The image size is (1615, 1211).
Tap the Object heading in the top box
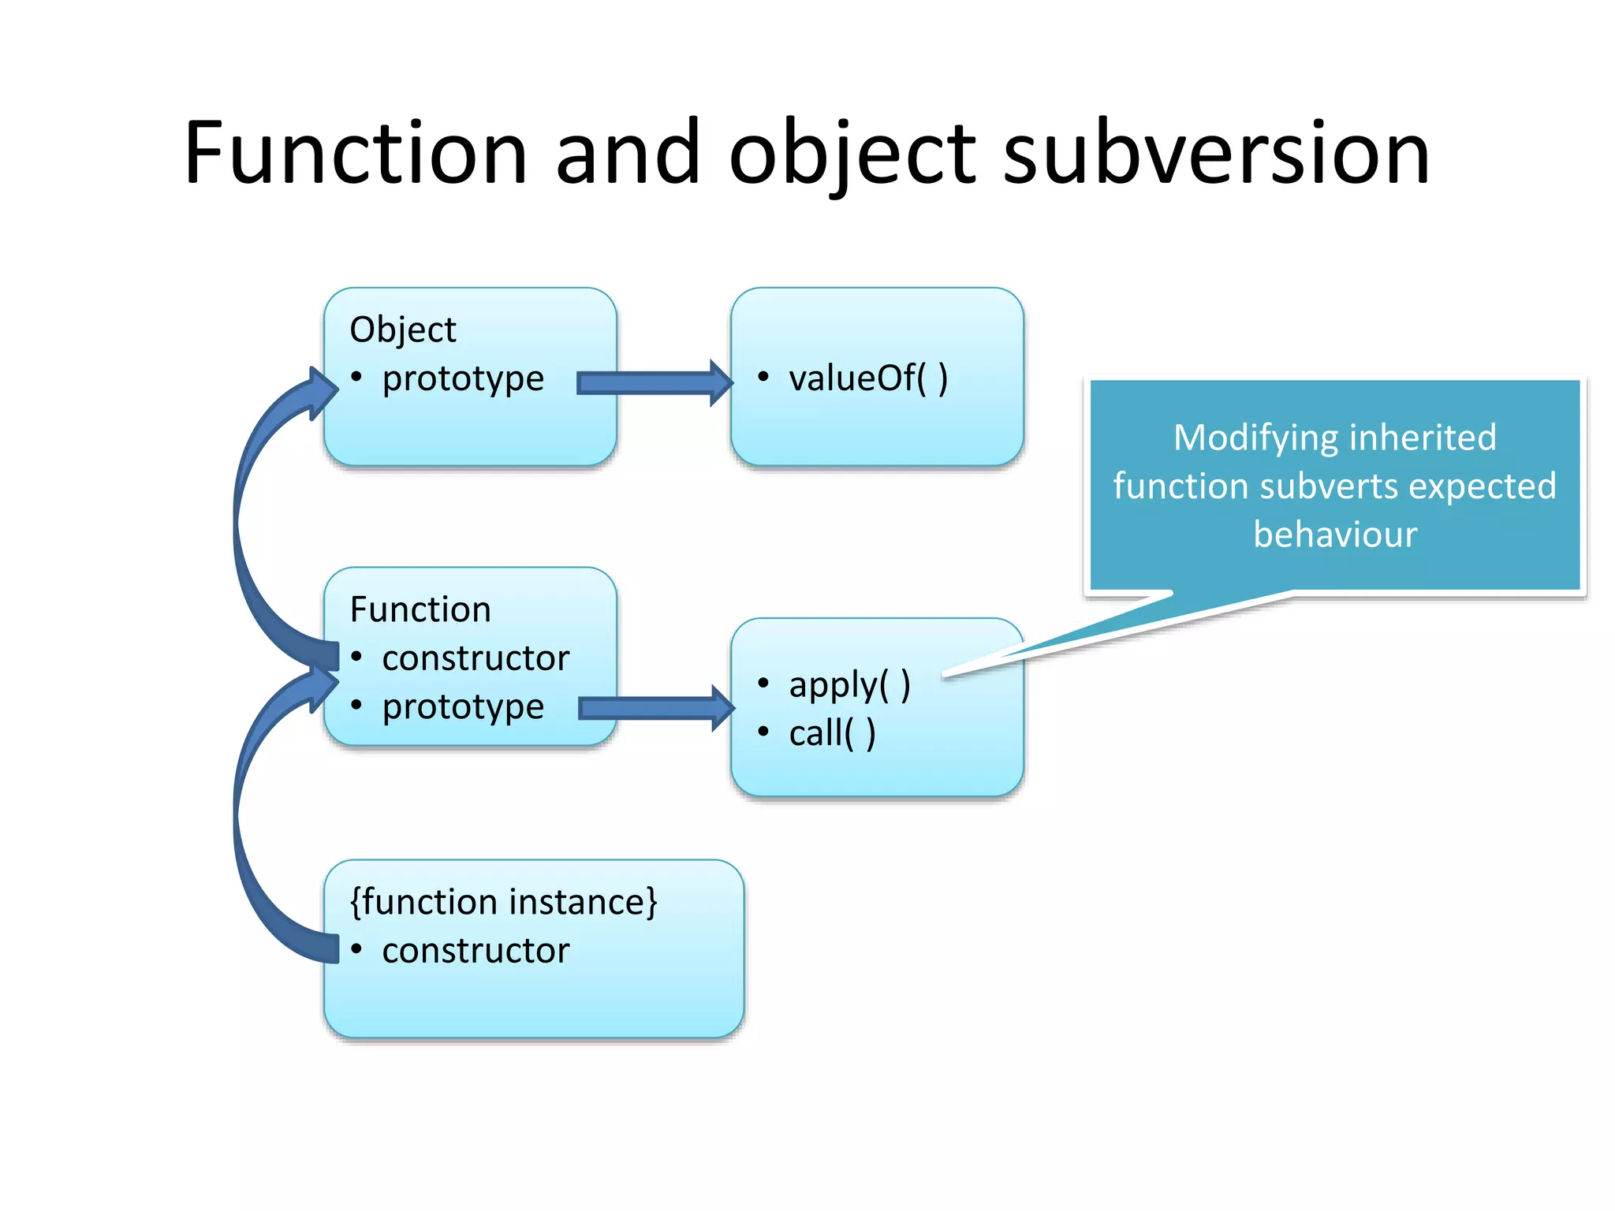point(402,330)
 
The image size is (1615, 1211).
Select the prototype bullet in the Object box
point(463,378)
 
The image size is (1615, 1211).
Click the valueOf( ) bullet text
point(867,378)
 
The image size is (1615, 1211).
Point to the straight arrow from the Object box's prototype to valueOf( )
point(655,383)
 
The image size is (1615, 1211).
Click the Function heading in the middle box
point(420,609)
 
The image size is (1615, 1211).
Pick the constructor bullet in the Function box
point(476,658)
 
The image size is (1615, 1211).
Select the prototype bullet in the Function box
point(463,707)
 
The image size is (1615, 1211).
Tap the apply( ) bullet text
point(849,684)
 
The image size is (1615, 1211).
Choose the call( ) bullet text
point(832,733)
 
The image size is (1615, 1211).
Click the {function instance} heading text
point(503,902)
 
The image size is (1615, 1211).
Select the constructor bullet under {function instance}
point(476,951)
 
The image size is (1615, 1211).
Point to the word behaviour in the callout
point(1335,535)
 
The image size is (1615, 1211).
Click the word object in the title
point(852,154)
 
